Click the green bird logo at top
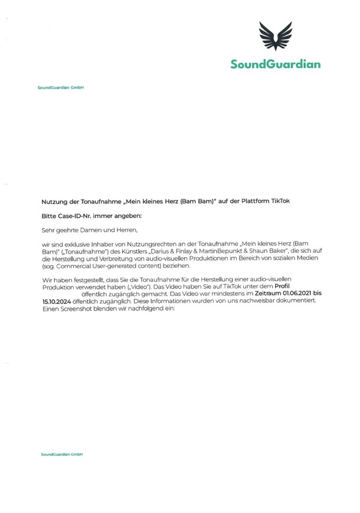click(x=276, y=36)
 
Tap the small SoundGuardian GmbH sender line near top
click(x=61, y=88)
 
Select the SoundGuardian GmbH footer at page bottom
click(x=61, y=455)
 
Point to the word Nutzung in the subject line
click(x=55, y=201)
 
